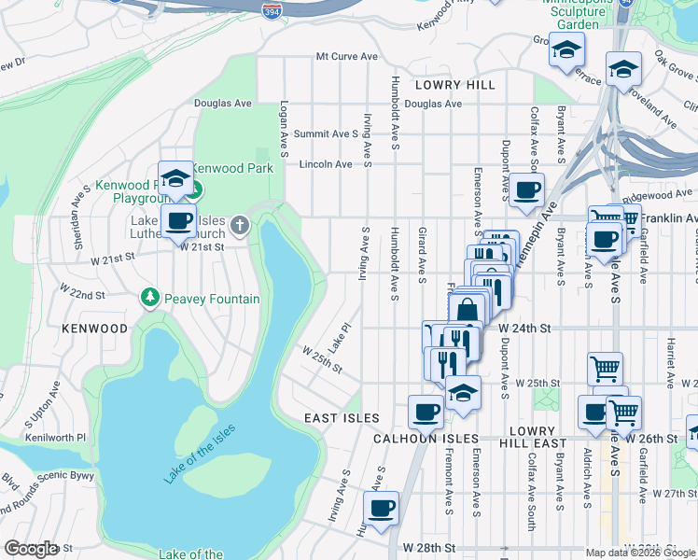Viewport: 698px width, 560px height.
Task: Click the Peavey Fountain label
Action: point(213,299)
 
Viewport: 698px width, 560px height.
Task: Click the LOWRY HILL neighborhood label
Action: point(456,85)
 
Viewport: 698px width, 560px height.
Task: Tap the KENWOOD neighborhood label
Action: point(94,329)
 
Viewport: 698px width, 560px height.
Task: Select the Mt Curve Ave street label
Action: point(346,56)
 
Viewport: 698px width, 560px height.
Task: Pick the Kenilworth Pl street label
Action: point(56,437)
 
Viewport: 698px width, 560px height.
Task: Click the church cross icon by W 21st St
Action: point(241,224)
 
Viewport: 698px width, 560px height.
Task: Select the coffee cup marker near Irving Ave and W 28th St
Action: point(381,509)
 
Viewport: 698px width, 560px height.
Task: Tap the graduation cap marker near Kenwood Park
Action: point(174,178)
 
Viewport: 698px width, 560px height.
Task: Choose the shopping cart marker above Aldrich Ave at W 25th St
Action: point(605,368)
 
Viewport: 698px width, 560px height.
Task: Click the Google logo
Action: point(31,549)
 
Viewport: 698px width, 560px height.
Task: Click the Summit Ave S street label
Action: point(326,134)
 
